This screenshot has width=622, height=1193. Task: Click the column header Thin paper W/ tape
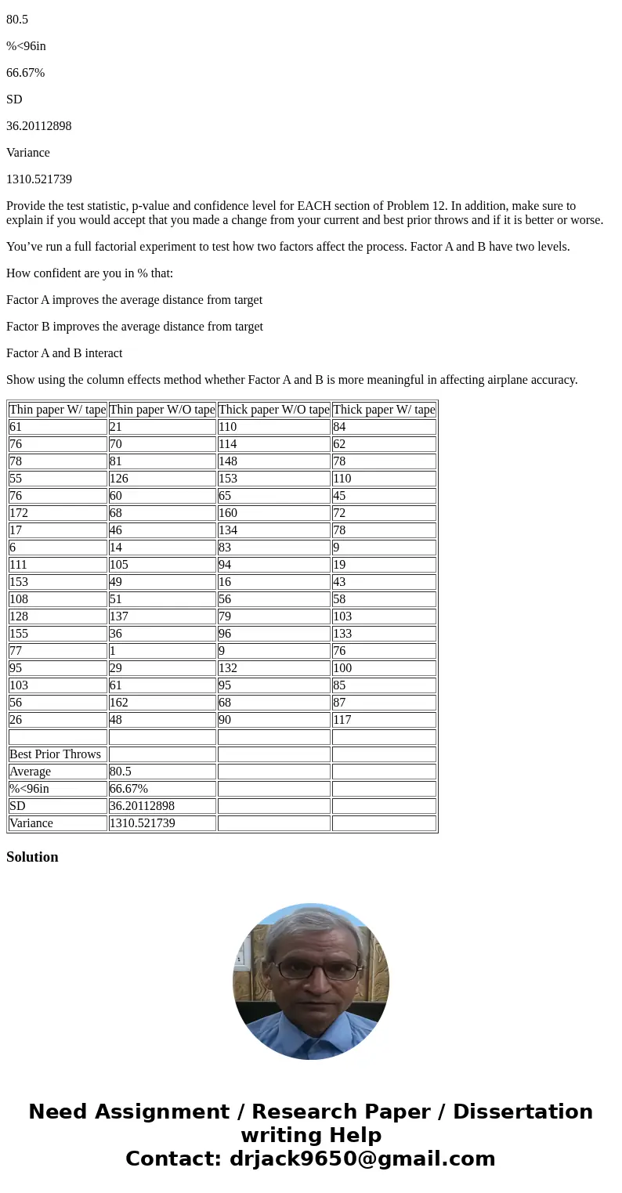[57, 410]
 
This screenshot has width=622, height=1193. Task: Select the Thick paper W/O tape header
[273, 410]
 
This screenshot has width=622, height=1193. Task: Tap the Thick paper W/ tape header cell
[384, 410]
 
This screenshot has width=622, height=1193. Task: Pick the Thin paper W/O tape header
[162, 410]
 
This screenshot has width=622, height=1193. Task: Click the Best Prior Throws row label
[55, 754]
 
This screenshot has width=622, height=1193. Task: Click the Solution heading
[32, 857]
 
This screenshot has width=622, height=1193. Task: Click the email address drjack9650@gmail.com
[362, 1159]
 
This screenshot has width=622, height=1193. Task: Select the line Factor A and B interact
[64, 353]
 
